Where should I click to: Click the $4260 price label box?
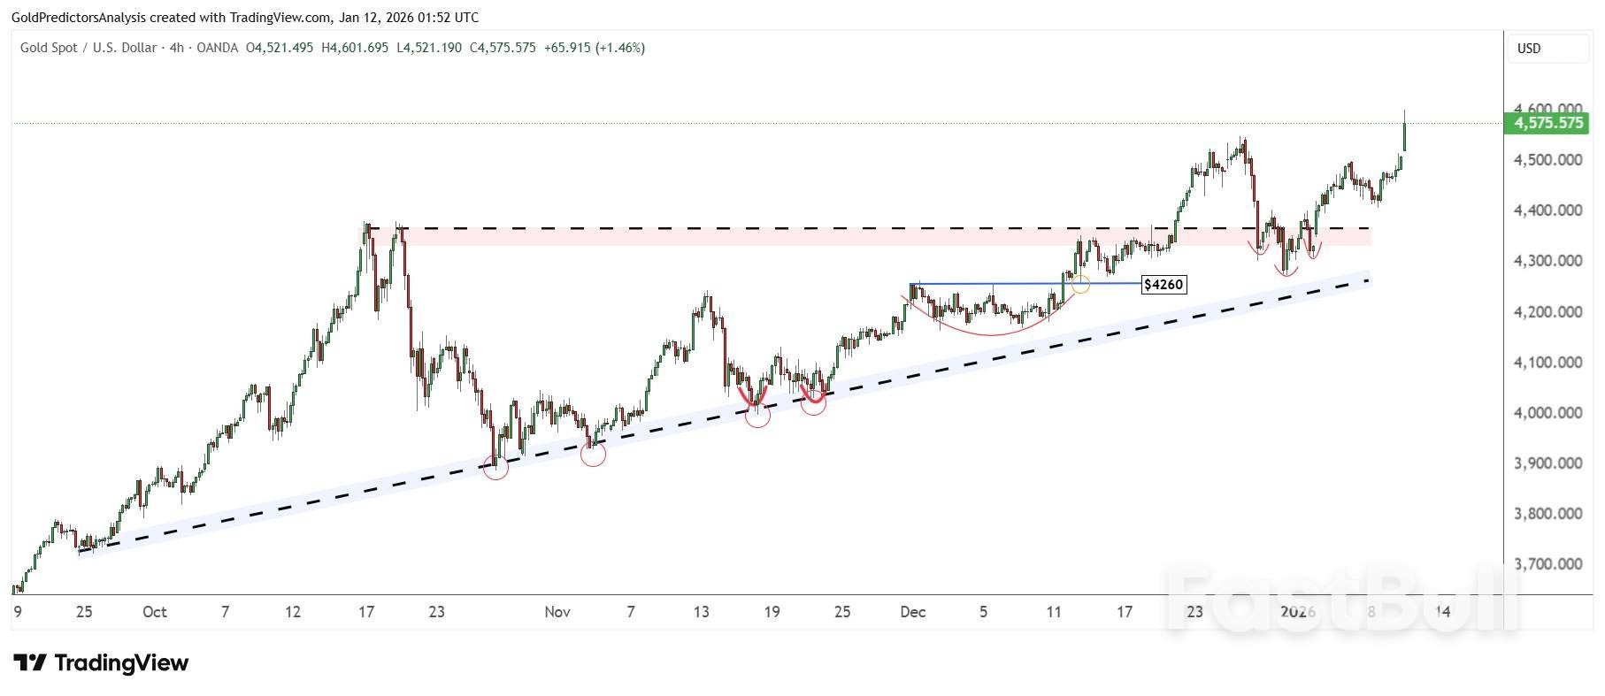tap(1163, 285)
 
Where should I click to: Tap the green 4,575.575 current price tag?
tap(1548, 123)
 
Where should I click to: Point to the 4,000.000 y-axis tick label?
tap(1547, 413)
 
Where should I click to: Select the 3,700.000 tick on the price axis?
tap(1547, 564)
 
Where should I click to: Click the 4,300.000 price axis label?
tap(1547, 262)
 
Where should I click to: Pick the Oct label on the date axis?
tap(154, 612)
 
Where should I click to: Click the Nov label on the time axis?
tap(557, 612)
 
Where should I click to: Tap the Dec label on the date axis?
tap(912, 612)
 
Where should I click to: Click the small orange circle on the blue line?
tap(1080, 285)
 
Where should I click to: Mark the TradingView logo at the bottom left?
tap(101, 663)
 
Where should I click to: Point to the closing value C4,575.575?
tap(503, 48)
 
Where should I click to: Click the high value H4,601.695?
tap(355, 48)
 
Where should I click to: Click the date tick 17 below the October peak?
tap(366, 612)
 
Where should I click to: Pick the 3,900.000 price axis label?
tap(1547, 463)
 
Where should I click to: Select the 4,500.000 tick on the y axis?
tap(1547, 160)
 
